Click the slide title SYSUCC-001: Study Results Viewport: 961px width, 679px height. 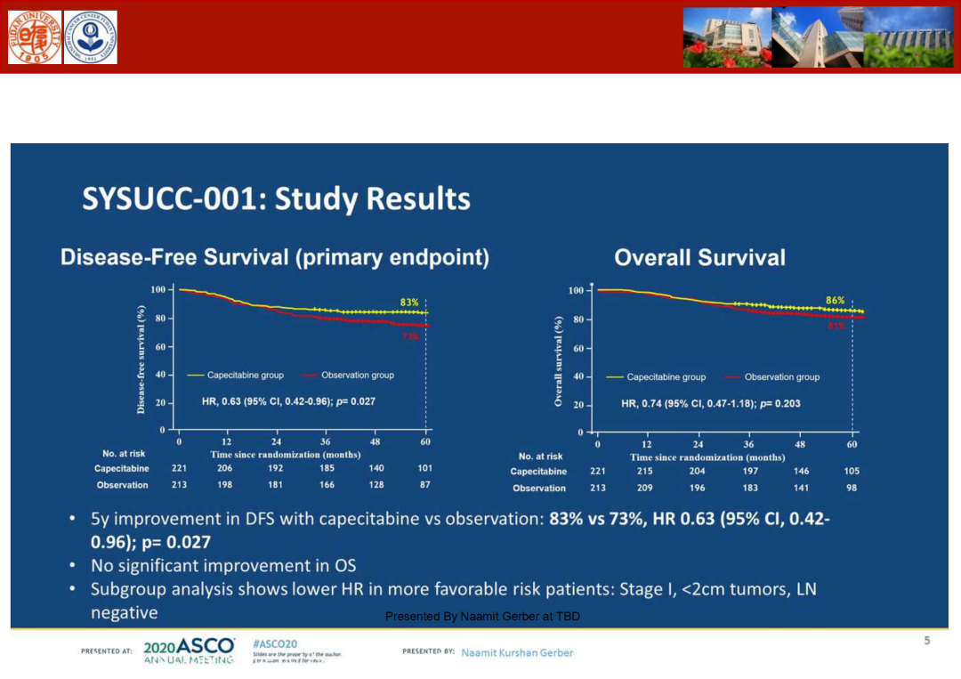pyautogui.click(x=276, y=198)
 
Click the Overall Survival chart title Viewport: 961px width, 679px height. pyautogui.click(x=699, y=258)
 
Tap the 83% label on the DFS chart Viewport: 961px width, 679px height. pyautogui.click(x=409, y=303)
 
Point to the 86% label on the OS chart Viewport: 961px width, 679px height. pyautogui.click(x=835, y=301)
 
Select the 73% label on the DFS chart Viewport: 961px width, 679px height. pyautogui.click(x=410, y=336)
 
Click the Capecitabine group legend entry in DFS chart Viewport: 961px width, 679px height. pyautogui.click(x=236, y=376)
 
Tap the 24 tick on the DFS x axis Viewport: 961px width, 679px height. pyautogui.click(x=276, y=441)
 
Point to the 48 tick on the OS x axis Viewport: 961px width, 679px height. pyautogui.click(x=800, y=443)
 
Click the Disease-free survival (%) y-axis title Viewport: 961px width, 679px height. pyautogui.click(x=141, y=359)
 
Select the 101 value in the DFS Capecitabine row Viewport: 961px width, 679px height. pyautogui.click(x=424, y=468)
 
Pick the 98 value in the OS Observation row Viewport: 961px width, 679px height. pyautogui.click(x=852, y=488)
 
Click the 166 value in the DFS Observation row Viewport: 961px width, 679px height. pyautogui.click(x=327, y=485)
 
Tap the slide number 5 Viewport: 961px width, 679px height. pyautogui.click(x=926, y=641)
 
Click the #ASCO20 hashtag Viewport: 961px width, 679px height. pyautogui.click(x=274, y=643)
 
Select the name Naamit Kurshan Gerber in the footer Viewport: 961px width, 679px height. pyautogui.click(x=517, y=652)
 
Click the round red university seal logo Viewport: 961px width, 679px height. pyautogui.click(x=35, y=37)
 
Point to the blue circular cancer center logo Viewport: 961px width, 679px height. pyautogui.click(x=90, y=37)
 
